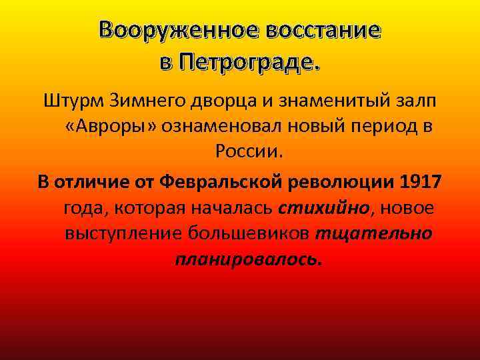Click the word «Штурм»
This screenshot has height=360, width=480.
pos(72,102)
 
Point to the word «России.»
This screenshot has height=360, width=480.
pos(249,153)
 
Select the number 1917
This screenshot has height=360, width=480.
pos(422,183)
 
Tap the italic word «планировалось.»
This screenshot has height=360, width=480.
pos(248,259)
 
